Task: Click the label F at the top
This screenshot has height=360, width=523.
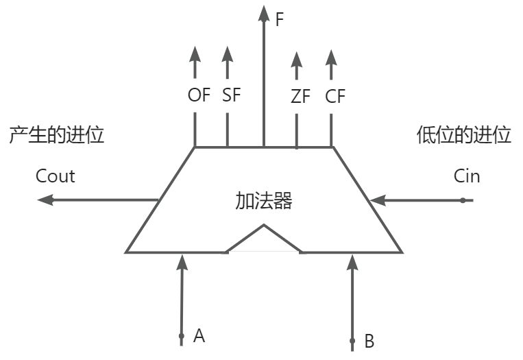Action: (279, 19)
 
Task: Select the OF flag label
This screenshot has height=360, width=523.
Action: (199, 95)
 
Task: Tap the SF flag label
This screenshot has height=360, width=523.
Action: (232, 95)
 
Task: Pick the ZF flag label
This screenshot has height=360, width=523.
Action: (300, 97)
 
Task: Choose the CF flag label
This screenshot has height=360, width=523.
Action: (335, 97)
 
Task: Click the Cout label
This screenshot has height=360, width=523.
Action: (56, 176)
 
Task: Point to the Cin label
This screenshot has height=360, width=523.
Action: (467, 176)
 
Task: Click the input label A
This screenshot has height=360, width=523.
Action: (199, 335)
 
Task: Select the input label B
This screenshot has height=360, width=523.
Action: (369, 340)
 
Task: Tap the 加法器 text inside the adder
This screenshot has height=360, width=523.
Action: (264, 201)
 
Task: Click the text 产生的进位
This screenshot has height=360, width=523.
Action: (56, 135)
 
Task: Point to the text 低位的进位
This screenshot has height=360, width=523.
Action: (464, 135)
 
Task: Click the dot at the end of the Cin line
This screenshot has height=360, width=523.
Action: (463, 200)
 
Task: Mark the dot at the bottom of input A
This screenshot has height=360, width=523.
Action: (182, 336)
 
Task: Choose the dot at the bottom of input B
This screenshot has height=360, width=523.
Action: (352, 340)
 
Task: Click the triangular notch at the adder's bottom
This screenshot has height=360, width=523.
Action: (264, 240)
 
